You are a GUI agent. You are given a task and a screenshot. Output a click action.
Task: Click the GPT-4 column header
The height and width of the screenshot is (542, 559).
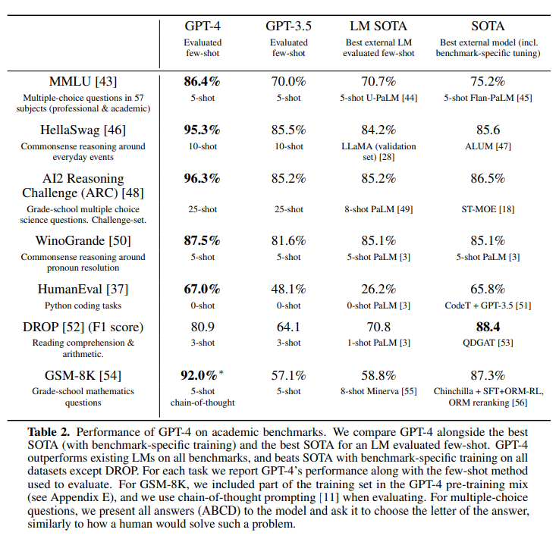[x=203, y=26]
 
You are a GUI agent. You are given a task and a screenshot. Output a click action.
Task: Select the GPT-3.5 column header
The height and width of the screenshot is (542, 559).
[x=288, y=26]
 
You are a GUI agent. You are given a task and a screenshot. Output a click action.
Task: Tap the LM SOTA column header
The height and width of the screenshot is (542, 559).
[x=378, y=26]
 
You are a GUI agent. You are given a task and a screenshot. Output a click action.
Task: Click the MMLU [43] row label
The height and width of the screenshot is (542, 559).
[x=83, y=82]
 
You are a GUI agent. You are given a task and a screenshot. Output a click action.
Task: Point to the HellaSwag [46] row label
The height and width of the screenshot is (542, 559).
[x=83, y=130]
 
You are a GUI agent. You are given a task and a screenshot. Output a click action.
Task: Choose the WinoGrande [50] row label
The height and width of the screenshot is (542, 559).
[x=83, y=241]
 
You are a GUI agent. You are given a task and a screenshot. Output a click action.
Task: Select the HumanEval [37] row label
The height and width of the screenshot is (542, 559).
[x=83, y=289]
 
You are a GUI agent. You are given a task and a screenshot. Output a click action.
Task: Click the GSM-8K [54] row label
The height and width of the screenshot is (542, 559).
[x=83, y=375]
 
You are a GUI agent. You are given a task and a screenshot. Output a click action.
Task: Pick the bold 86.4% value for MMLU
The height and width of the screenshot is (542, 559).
[x=203, y=82]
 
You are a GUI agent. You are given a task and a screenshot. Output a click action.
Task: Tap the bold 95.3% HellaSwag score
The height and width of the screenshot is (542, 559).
[x=203, y=130]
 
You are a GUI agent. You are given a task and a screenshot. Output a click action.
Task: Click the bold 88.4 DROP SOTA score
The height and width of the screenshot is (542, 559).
[x=488, y=327]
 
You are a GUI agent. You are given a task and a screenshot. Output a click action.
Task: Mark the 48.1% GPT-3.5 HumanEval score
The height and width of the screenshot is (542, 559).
[x=288, y=289]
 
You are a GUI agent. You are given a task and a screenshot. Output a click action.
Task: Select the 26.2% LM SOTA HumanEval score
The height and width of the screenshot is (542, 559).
[x=378, y=289]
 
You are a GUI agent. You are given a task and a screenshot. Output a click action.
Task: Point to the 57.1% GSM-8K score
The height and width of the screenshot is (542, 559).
[x=288, y=375]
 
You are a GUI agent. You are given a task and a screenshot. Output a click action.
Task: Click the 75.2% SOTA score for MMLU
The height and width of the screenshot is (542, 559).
[x=488, y=82]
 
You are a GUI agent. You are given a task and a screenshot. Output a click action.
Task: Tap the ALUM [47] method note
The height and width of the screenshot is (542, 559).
[x=488, y=146]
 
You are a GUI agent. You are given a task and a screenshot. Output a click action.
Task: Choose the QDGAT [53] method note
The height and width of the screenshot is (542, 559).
[x=488, y=343]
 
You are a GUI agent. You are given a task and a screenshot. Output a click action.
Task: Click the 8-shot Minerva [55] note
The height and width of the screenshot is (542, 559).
[x=378, y=391]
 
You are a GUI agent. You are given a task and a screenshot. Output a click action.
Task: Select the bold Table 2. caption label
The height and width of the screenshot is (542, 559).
[x=49, y=432]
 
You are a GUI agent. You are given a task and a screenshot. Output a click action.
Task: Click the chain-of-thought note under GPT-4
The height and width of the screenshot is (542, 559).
[x=203, y=403]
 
